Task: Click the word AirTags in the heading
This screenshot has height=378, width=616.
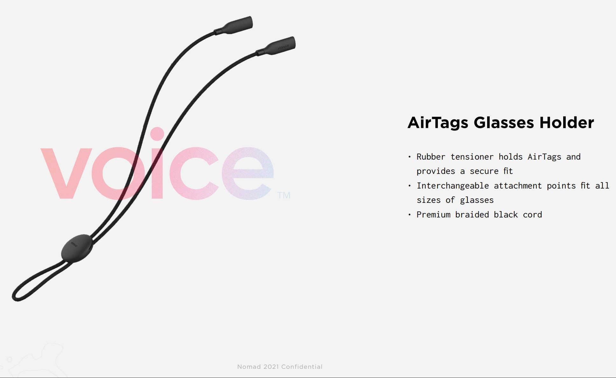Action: point(437,123)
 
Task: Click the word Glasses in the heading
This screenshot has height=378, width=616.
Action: point(503,123)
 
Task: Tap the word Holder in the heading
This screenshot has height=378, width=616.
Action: point(566,123)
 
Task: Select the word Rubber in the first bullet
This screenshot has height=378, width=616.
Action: point(431,157)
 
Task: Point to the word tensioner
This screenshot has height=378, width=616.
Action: point(472,157)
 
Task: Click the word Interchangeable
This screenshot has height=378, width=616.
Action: point(452,186)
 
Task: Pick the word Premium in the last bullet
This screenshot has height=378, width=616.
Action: point(433,215)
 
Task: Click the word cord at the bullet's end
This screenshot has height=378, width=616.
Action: point(532,215)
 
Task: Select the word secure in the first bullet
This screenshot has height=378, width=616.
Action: point(484,171)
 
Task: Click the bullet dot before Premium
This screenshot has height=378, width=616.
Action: point(409,215)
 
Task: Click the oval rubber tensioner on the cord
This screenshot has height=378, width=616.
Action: point(77,248)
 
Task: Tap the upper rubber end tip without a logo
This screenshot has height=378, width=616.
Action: point(238,24)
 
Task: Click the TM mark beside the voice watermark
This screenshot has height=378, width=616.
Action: point(283,195)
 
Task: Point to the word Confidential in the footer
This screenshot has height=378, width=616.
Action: point(302,367)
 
